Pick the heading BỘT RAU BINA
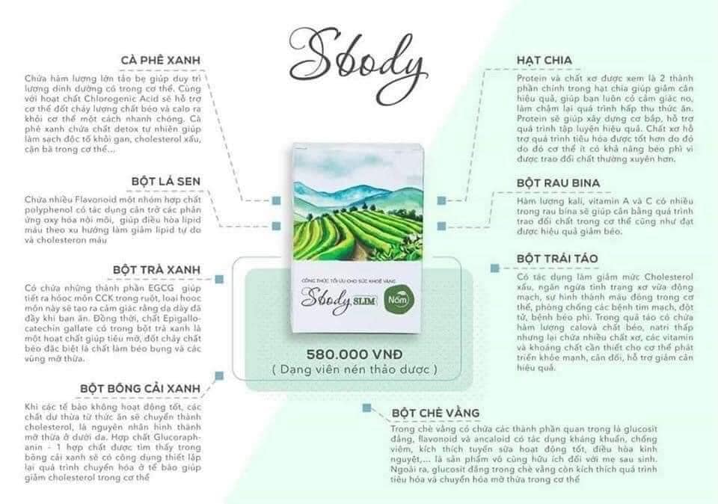(x=558, y=182)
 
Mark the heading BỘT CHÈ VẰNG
(x=435, y=413)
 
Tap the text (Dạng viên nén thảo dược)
(x=356, y=369)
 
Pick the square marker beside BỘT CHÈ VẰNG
(x=367, y=408)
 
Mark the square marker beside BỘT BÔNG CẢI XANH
(x=219, y=375)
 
